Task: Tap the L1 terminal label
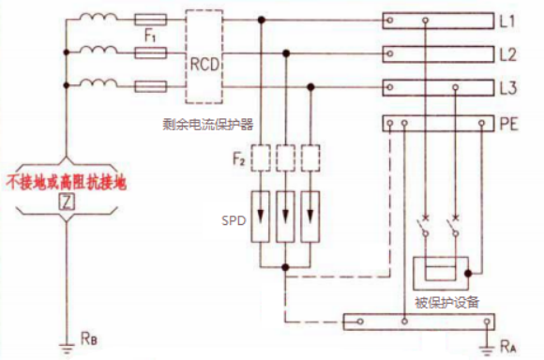(x=507, y=18)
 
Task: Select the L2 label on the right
(x=507, y=54)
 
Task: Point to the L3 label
(x=507, y=88)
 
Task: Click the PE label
(x=507, y=124)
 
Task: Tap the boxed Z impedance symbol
(x=65, y=202)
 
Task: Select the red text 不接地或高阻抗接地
(x=65, y=179)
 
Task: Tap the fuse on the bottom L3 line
(x=152, y=87)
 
